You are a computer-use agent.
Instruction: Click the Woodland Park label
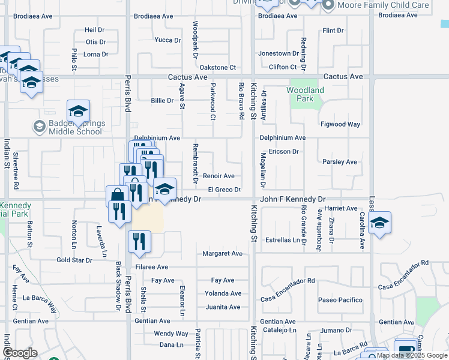pyautogui.click(x=305, y=94)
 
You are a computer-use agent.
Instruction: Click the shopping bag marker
pyautogui.click(x=116, y=196)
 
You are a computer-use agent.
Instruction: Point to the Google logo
pyautogui.click(x=20, y=353)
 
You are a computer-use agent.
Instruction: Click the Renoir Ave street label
pyautogui.click(x=218, y=176)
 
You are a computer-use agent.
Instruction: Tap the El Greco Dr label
pyautogui.click(x=224, y=190)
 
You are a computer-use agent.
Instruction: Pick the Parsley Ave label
pyautogui.click(x=340, y=162)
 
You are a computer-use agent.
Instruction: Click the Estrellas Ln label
pyautogui.click(x=283, y=240)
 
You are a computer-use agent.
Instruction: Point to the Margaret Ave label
pyautogui.click(x=222, y=254)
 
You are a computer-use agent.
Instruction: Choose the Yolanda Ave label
pyautogui.click(x=222, y=293)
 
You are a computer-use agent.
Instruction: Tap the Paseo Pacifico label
pyautogui.click(x=340, y=300)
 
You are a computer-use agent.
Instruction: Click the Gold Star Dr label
pyautogui.click(x=74, y=260)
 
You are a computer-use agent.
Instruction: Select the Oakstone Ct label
pyautogui.click(x=217, y=68)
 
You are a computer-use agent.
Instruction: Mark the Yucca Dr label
pyautogui.click(x=167, y=40)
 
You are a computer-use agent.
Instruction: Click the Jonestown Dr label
pyautogui.click(x=274, y=53)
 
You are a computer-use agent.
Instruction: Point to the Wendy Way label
pyautogui.click(x=171, y=334)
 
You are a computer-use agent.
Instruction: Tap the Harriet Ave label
pyautogui.click(x=340, y=208)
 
